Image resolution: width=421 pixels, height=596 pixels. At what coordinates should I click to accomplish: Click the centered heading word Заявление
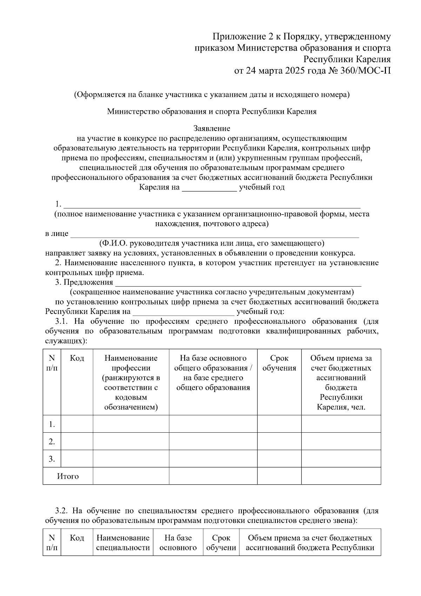(x=212, y=129)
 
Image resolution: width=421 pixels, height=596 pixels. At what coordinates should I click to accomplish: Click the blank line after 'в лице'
(x=215, y=235)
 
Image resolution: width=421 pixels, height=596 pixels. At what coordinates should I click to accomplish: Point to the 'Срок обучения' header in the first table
(x=279, y=363)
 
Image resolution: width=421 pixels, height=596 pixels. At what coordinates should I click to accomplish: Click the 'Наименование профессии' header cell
(x=131, y=382)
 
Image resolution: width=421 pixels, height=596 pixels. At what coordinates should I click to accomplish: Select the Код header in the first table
(x=77, y=358)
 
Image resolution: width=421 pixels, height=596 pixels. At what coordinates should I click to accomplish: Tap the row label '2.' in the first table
(x=52, y=442)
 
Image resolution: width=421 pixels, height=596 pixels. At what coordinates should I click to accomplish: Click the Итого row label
(x=68, y=476)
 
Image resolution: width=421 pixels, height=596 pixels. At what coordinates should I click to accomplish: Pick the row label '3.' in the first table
(x=52, y=459)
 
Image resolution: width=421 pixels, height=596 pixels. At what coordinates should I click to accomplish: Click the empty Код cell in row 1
(x=77, y=424)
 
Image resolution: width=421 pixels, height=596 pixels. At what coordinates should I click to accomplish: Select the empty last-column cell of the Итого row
(x=341, y=476)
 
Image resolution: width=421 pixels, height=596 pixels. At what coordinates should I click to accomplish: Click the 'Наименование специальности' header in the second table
(x=123, y=543)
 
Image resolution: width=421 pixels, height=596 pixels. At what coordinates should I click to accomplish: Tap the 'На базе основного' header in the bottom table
(x=178, y=543)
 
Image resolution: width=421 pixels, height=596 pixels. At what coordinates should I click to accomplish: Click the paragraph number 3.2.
(x=61, y=511)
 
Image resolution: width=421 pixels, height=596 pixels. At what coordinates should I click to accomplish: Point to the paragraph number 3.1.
(x=61, y=321)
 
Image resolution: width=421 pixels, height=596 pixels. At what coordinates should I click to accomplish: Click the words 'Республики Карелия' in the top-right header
(x=347, y=59)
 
